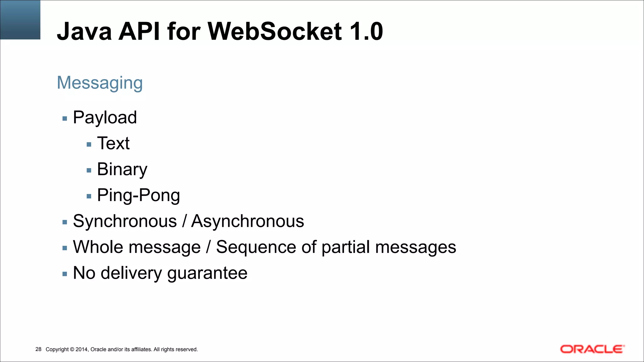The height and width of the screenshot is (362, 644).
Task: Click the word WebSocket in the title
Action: pos(275,31)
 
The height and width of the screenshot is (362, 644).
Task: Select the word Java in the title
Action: pos(84,31)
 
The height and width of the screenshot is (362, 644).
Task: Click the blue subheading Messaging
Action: pos(100,83)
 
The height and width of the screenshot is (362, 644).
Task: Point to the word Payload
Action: pos(105,118)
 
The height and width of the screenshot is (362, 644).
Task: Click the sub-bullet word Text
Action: pos(113,144)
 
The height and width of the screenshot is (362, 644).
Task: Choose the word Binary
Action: pos(122,170)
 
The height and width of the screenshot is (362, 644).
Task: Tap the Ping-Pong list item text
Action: pos(138,195)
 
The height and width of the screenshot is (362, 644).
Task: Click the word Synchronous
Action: pos(125,221)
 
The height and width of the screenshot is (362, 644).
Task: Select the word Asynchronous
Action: pos(247,221)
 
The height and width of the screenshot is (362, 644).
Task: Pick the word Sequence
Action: pos(256,247)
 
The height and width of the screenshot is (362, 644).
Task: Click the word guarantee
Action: pos(207,273)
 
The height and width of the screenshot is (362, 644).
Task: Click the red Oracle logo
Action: pos(592,349)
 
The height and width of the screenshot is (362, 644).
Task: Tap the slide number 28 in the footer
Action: pos(38,349)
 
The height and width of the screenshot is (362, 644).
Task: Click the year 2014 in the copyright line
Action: pos(81,349)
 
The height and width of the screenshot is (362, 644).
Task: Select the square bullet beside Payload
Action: pos(65,119)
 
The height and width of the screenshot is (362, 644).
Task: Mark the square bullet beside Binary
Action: pos(89,171)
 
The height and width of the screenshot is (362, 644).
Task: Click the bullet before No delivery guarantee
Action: pos(65,274)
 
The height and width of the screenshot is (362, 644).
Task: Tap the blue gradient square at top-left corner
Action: pos(20,19)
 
